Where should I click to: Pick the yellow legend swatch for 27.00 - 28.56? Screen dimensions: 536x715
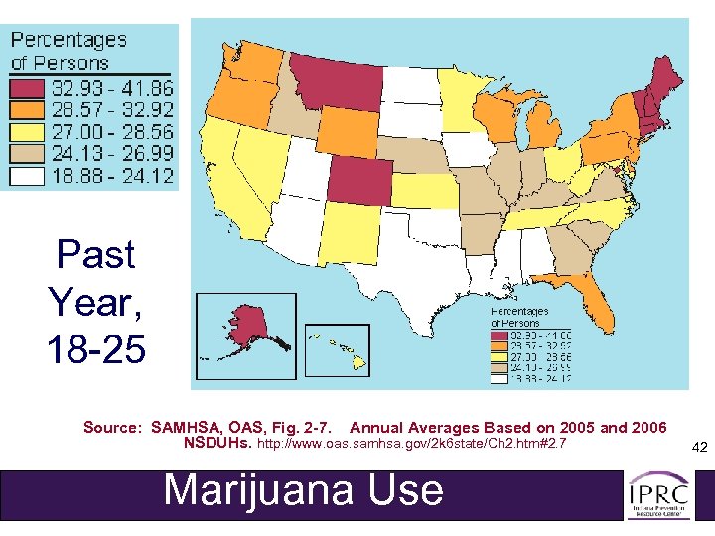tap(29, 131)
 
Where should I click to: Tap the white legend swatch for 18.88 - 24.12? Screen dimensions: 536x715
tap(29, 175)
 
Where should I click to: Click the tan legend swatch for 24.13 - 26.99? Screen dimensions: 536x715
tap(29, 153)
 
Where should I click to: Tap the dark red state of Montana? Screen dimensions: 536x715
tap(333, 79)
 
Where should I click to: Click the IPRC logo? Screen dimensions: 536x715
tap(657, 493)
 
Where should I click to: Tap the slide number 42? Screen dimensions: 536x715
tap(698, 448)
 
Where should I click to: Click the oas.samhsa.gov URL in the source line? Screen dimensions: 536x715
tap(411, 444)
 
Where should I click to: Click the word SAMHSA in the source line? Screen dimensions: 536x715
tap(183, 428)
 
